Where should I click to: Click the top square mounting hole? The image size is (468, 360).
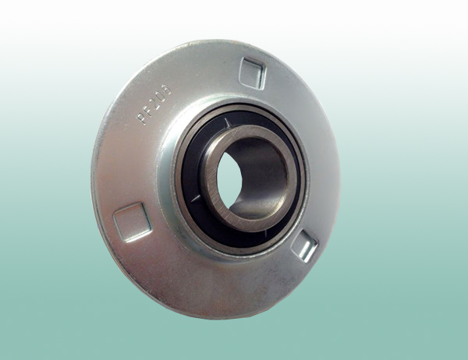pos(253,72)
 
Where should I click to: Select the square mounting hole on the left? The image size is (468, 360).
pos(131,221)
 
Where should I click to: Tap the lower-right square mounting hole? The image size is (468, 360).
pos(304,247)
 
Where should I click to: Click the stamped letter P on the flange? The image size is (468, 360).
pos(144,118)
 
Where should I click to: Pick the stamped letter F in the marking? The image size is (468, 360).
pos(149,108)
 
